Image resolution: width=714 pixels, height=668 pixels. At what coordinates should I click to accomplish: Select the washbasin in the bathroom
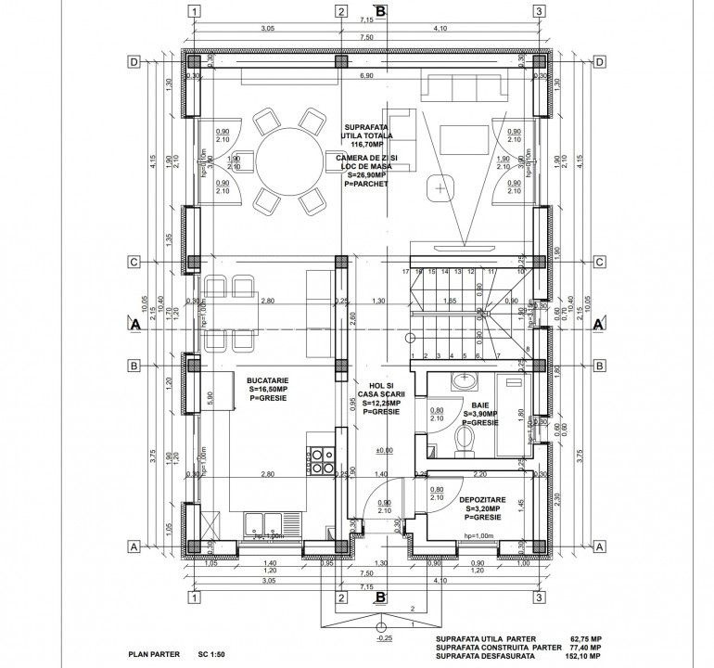pyautogui.click(x=464, y=381)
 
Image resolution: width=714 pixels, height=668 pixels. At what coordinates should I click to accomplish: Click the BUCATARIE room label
pyautogui.click(x=267, y=380)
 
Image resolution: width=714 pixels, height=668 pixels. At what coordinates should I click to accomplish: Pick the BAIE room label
pyautogui.click(x=480, y=405)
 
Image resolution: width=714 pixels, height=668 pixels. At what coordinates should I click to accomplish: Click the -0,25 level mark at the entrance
pyautogui.click(x=384, y=639)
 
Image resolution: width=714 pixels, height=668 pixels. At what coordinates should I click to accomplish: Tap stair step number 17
pyautogui.click(x=405, y=272)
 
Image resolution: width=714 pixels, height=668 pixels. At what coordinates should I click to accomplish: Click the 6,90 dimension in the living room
pyautogui.click(x=365, y=75)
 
